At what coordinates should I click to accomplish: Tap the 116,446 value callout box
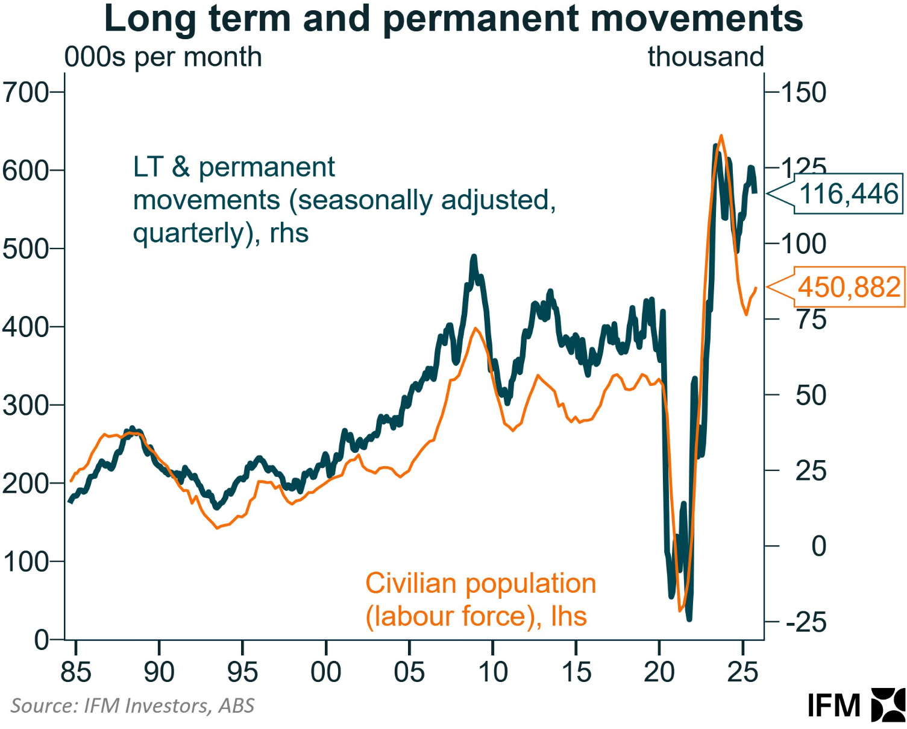848,194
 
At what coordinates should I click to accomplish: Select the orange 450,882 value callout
849,287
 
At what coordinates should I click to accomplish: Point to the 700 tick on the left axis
25,92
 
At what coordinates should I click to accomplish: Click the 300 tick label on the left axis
25,405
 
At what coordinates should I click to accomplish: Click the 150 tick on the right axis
804,92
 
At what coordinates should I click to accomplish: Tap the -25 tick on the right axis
806,622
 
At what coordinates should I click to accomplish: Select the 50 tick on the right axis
811,396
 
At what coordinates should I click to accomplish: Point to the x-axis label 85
76,672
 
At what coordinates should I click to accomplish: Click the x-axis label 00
326,672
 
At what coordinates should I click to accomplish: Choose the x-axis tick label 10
493,672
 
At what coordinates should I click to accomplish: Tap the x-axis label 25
742,672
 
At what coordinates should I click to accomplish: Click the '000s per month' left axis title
163,57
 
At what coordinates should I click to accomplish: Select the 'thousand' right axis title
706,57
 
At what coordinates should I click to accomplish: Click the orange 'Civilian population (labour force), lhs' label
480,600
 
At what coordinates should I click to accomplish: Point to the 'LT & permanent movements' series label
344,200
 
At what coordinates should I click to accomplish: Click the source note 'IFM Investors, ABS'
133,705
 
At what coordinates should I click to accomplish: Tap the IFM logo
856,704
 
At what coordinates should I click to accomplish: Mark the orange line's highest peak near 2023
721,136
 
